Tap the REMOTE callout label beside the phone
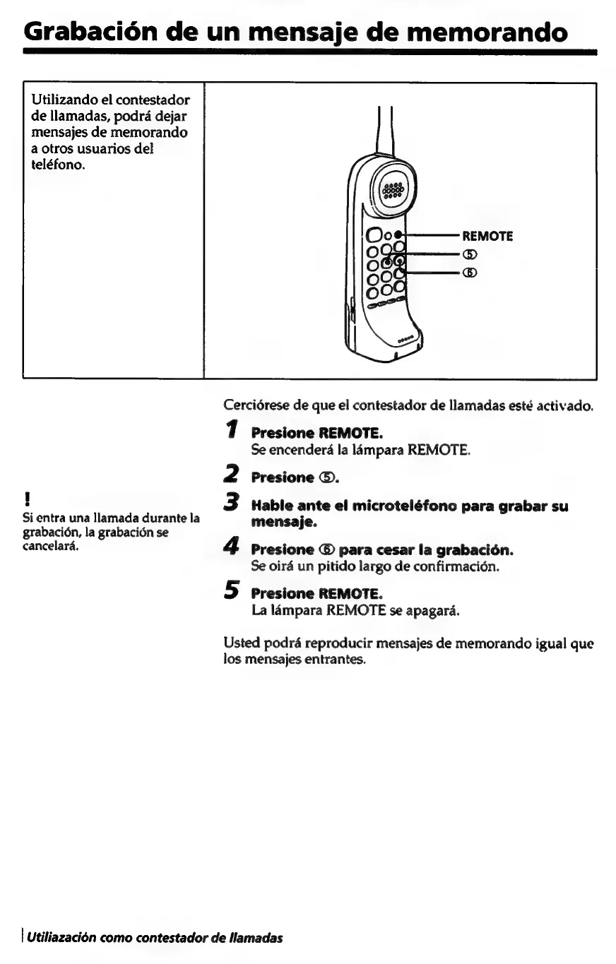(487, 236)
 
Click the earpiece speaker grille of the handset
(391, 189)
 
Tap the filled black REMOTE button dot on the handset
(398, 235)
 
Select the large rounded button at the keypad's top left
(372, 235)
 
